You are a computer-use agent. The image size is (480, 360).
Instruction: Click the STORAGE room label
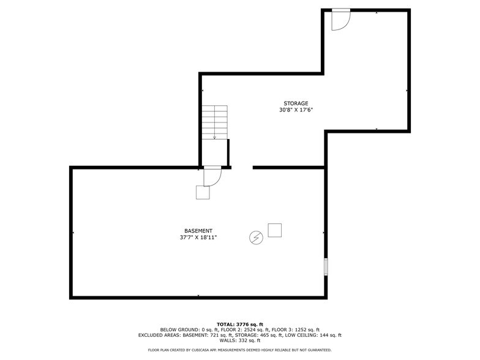(x=296, y=103)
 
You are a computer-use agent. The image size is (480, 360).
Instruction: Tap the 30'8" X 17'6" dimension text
(x=296, y=110)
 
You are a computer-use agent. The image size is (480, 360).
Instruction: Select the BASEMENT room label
(x=198, y=231)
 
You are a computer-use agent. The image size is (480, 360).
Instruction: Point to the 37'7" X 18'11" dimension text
(x=198, y=238)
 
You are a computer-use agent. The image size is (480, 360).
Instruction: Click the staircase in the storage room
(x=215, y=122)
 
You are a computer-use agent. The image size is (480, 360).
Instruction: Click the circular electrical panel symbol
(x=256, y=237)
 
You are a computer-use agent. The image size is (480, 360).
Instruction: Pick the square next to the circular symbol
(x=274, y=230)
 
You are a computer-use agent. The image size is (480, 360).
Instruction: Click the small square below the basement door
(x=203, y=192)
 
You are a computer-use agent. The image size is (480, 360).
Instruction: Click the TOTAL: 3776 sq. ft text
(x=240, y=324)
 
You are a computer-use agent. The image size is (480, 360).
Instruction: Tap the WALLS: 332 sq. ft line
(x=240, y=340)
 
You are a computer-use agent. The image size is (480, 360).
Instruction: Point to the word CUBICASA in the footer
(x=209, y=350)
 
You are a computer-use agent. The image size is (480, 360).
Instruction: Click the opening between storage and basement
(x=242, y=167)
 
